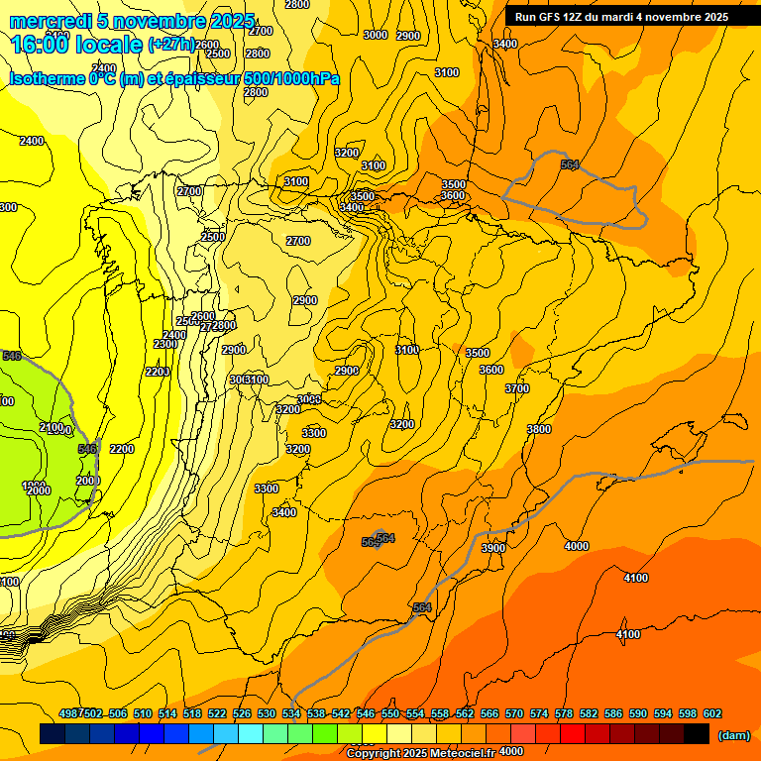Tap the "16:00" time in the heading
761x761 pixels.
tap(41, 44)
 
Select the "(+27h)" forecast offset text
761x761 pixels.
tap(171, 45)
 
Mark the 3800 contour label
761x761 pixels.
tap(539, 429)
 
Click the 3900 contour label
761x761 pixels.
tap(492, 548)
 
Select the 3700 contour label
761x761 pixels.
tap(517, 389)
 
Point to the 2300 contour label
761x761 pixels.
tap(165, 344)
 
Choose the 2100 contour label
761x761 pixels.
tap(52, 426)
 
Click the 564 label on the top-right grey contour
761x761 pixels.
tap(569, 164)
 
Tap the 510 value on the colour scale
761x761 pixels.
tap(143, 713)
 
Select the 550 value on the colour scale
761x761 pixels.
tap(390, 713)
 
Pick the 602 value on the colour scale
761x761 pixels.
tap(712, 713)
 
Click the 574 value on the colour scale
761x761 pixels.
tap(539, 713)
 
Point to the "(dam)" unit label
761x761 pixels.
tap(733, 734)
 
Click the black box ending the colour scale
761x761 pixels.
tap(697, 734)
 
